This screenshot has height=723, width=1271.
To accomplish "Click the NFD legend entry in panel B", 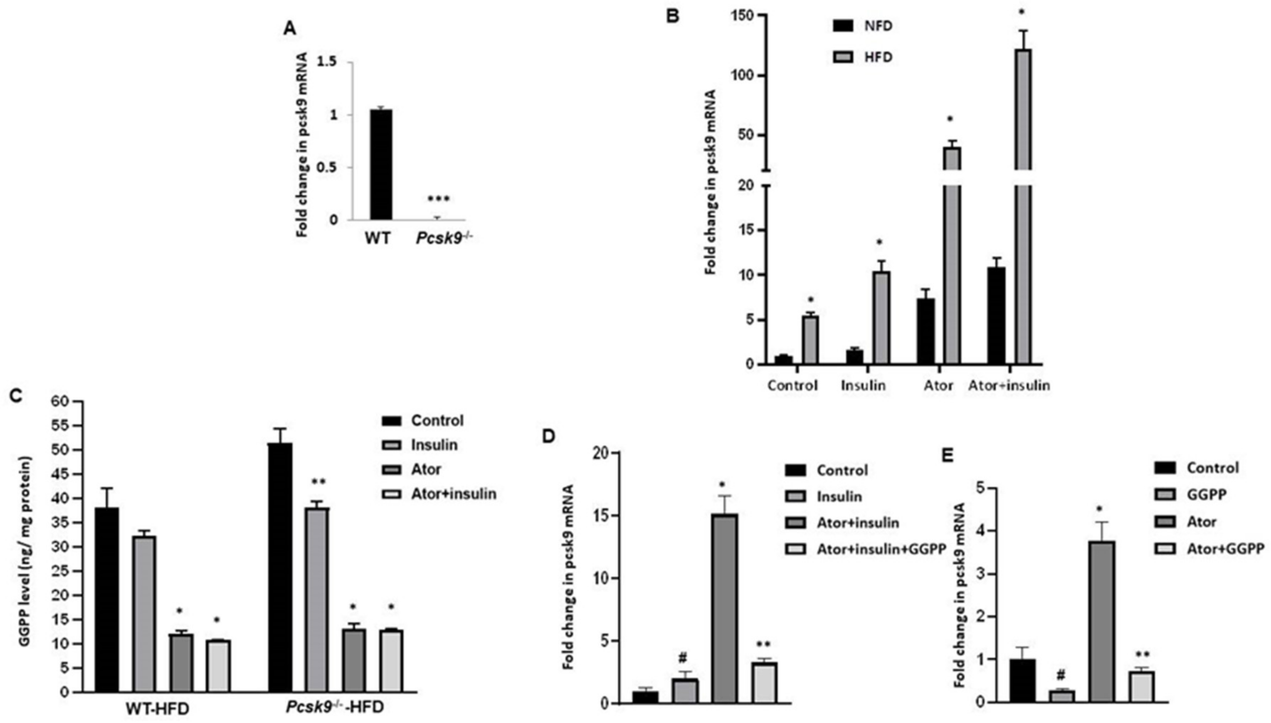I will point(878,26).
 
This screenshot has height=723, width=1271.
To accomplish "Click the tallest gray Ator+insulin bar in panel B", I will point(1023,199).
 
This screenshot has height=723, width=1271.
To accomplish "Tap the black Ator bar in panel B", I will point(926,331).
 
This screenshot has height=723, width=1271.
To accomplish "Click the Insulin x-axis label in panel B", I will point(863,385).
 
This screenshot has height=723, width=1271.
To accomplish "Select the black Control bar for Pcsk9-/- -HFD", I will point(280,566).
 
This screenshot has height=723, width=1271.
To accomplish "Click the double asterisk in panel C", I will point(318,482).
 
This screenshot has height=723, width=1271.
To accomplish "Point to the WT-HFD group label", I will point(157,709).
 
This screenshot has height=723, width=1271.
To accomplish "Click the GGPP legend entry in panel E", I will point(1207,495).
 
